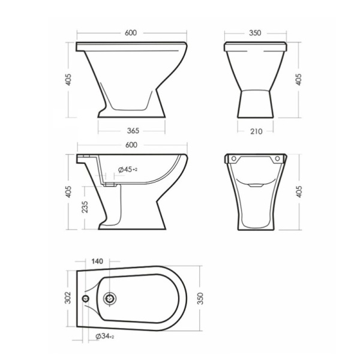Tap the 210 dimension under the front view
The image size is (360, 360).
click(x=255, y=131)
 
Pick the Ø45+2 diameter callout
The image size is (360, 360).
click(x=128, y=170)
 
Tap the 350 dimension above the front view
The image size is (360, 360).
click(x=256, y=34)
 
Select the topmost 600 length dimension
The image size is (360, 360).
click(x=131, y=34)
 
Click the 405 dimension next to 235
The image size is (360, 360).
click(x=68, y=193)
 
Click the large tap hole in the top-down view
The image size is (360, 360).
click(x=109, y=298)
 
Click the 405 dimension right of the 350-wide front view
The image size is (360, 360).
click(x=299, y=79)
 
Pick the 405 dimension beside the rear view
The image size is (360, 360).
click(x=299, y=193)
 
